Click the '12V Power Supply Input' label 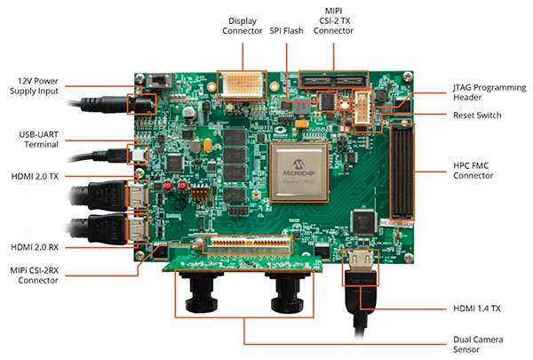(34, 86)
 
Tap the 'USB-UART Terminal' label (38, 140)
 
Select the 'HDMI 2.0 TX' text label (35, 176)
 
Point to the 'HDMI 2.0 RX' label (35, 247)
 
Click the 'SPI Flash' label (286, 30)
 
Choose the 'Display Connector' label (242, 26)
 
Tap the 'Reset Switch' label (477, 115)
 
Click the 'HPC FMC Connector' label (473, 171)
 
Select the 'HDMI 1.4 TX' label (476, 308)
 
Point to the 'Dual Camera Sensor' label (478, 344)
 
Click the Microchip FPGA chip (298, 172)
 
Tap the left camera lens (202, 292)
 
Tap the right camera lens (287, 292)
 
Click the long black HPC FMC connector (402, 172)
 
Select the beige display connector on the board (242, 85)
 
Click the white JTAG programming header (362, 108)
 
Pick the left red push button (168, 186)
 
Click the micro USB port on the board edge (138, 156)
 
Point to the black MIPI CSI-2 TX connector (333, 81)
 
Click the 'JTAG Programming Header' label (489, 92)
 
